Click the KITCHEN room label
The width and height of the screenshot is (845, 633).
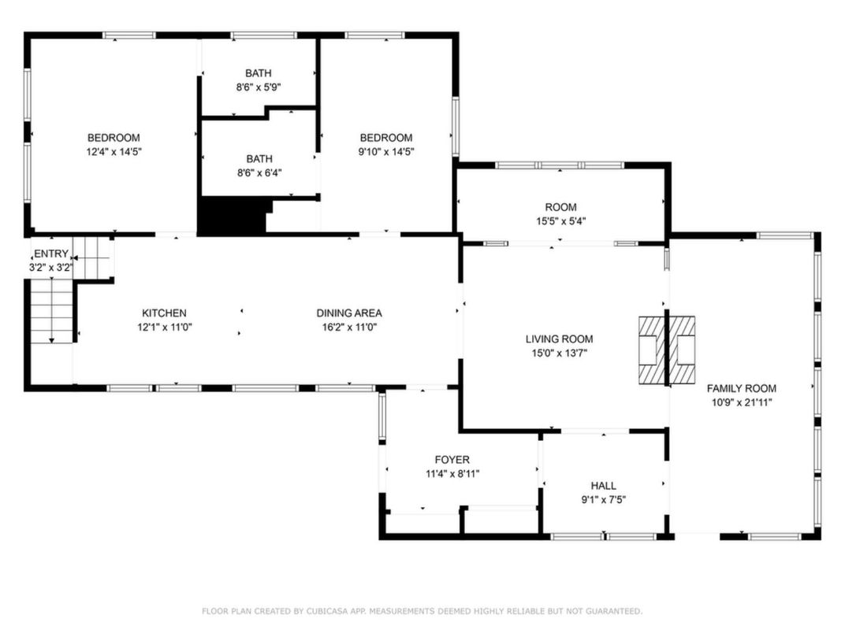164,313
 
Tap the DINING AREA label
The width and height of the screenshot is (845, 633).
349,313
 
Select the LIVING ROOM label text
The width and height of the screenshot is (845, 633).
559,339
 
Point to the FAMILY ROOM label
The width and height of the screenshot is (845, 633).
741,388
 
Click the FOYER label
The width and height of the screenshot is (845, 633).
452,460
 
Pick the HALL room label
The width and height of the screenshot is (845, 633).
603,486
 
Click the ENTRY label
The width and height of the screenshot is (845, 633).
51,254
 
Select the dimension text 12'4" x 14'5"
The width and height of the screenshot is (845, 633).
114,151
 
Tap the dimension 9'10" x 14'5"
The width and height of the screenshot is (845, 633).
386,151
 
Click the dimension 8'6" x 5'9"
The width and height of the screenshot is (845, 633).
259,87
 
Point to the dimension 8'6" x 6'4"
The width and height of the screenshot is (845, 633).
259,172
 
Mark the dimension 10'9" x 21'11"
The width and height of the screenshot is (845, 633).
741,402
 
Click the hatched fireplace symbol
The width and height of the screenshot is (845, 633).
666,350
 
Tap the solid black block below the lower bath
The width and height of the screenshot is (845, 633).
233,217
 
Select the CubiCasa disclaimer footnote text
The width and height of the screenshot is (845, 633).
422,611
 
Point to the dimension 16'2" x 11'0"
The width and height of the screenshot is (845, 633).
349,327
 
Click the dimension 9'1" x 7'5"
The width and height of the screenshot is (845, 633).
603,499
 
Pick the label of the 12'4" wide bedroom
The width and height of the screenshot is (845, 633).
114,137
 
